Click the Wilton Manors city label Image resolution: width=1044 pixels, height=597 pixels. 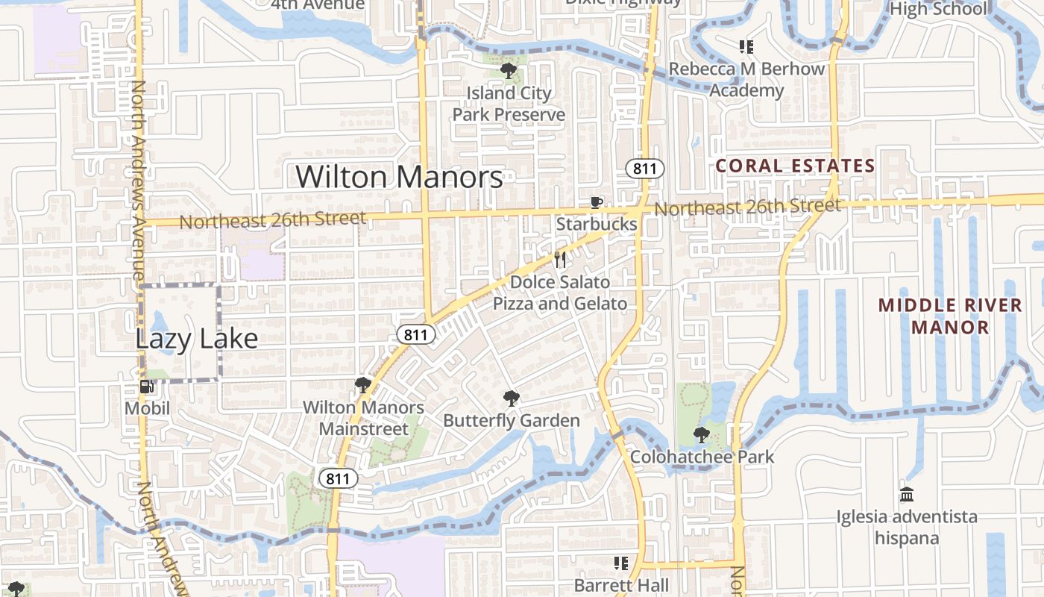coord(399,177)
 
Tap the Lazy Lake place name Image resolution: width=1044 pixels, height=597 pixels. coord(196,339)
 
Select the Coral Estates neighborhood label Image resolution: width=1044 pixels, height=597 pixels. coord(795,166)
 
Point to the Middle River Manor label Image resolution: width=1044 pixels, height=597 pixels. coord(950,316)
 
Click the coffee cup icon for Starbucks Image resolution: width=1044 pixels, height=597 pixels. coord(596,202)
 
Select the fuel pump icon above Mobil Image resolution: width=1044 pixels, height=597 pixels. coord(147,387)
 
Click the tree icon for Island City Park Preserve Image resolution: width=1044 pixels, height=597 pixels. coord(509,71)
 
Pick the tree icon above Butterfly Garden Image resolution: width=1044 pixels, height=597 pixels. coord(511,398)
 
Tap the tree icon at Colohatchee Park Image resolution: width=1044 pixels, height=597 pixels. coord(701,434)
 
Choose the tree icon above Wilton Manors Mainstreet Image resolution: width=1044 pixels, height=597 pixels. coord(363,385)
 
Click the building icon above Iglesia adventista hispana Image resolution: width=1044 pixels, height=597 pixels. coord(907,494)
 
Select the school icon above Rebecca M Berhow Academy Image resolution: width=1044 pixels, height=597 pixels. coord(746,47)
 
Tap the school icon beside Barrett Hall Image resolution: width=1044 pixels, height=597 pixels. coord(621,563)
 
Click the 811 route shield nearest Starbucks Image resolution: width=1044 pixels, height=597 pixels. coord(644,169)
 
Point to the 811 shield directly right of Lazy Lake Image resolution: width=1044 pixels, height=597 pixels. coord(415,335)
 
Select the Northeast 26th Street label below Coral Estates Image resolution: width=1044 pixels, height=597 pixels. coord(747,207)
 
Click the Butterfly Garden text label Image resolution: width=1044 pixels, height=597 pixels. coord(512,421)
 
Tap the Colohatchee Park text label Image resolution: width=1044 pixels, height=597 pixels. coord(702,457)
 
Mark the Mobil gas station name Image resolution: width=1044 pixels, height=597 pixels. coord(147,408)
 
